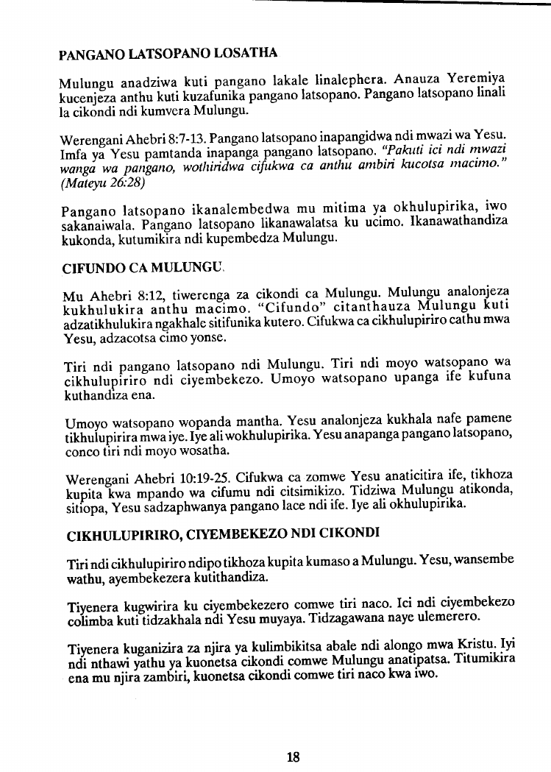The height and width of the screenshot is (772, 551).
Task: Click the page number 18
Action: [293, 756]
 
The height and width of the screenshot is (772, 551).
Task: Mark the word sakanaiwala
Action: [91, 222]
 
